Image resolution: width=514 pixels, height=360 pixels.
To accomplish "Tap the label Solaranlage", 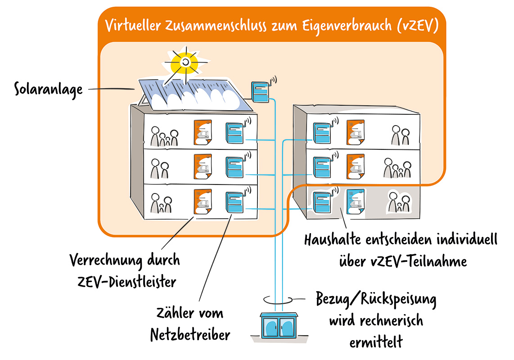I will click(x=49, y=89).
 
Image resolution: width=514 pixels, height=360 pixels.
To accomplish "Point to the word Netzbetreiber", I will click(x=190, y=334).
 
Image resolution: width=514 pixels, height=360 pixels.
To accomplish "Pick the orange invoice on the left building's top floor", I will click(x=202, y=132).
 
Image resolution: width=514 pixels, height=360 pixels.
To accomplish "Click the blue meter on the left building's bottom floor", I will click(x=235, y=203).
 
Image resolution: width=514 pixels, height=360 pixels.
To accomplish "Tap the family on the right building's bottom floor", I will click(x=398, y=202).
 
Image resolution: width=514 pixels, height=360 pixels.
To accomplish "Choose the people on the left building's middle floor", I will click(x=160, y=169).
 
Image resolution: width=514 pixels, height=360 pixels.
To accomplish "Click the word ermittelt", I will click(x=376, y=342).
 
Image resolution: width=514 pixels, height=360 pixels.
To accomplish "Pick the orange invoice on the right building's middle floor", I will click(x=355, y=167).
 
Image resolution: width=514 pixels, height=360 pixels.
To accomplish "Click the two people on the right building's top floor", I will click(x=400, y=136).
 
